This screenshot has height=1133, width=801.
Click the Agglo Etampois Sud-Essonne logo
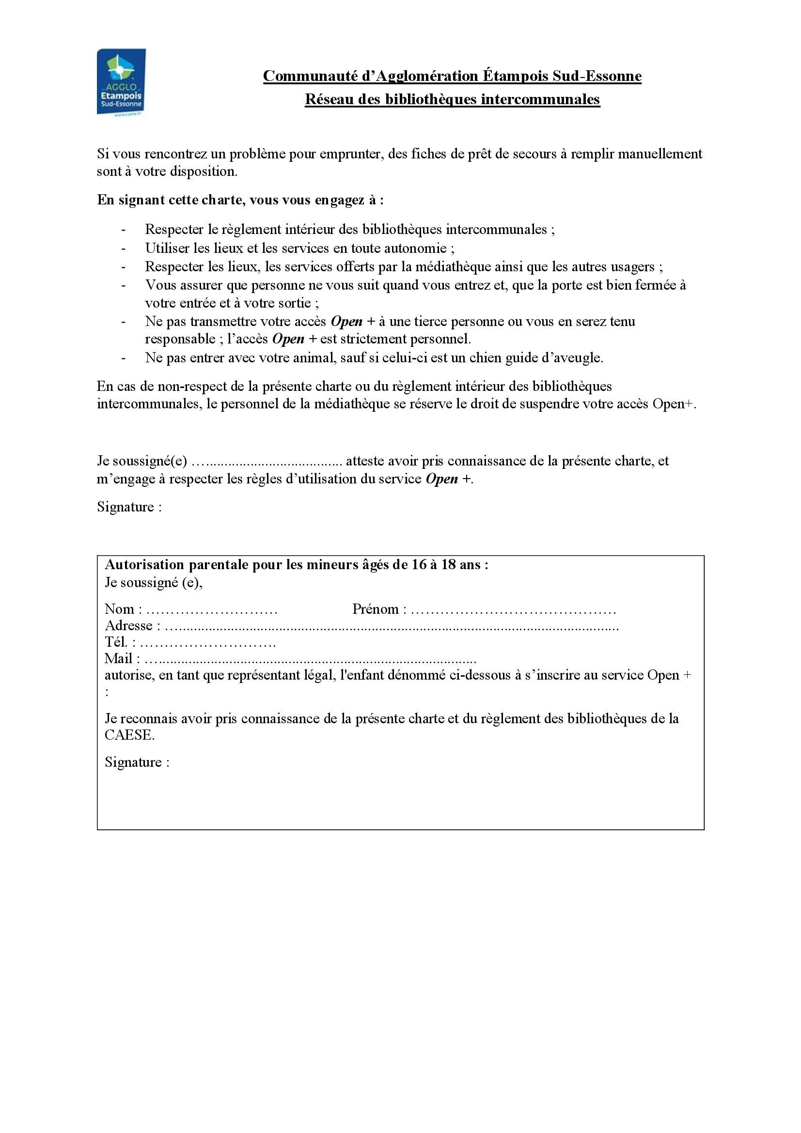(121, 82)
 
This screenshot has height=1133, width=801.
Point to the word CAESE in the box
(129, 735)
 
